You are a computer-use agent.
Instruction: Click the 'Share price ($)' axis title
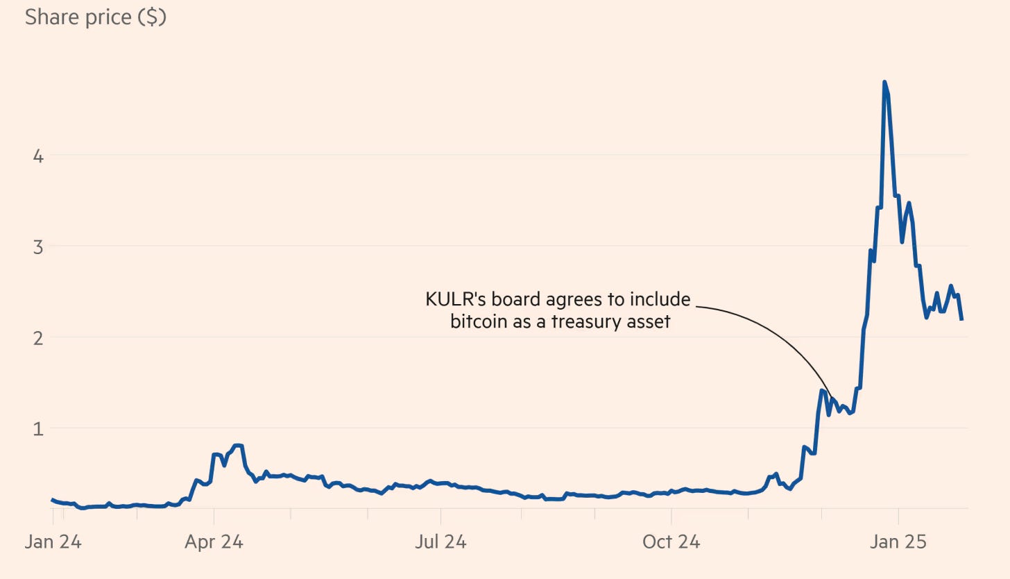pyautogui.click(x=95, y=17)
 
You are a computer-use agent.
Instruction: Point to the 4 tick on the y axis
pyautogui.click(x=38, y=156)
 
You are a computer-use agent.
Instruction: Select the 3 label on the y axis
pyautogui.click(x=38, y=246)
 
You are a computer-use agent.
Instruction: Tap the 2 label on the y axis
pyautogui.click(x=38, y=337)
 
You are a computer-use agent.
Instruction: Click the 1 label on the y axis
pyautogui.click(x=38, y=428)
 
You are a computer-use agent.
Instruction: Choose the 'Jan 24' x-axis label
pyautogui.click(x=53, y=542)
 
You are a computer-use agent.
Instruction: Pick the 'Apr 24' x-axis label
pyautogui.click(x=214, y=542)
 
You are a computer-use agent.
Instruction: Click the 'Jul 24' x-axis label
pyautogui.click(x=440, y=542)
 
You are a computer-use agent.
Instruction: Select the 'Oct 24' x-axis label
pyautogui.click(x=671, y=542)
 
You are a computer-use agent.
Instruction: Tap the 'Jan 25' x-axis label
pyautogui.click(x=898, y=542)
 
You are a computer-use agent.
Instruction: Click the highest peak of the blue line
pyautogui.click(x=884, y=83)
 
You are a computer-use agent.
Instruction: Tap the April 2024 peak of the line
pyautogui.click(x=237, y=445)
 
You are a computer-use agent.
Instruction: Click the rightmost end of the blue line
pyautogui.click(x=961, y=319)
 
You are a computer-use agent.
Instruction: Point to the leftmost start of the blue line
pyautogui.click(x=53, y=499)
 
